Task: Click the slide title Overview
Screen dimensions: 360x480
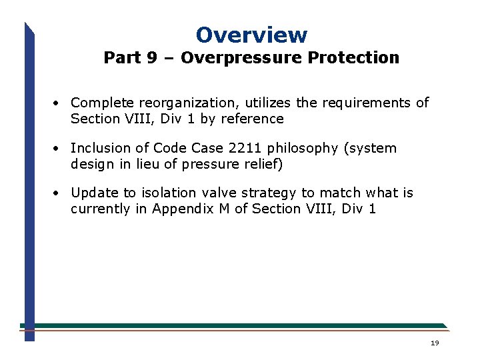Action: [x=251, y=35]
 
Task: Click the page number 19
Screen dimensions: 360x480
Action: [x=435, y=343]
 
